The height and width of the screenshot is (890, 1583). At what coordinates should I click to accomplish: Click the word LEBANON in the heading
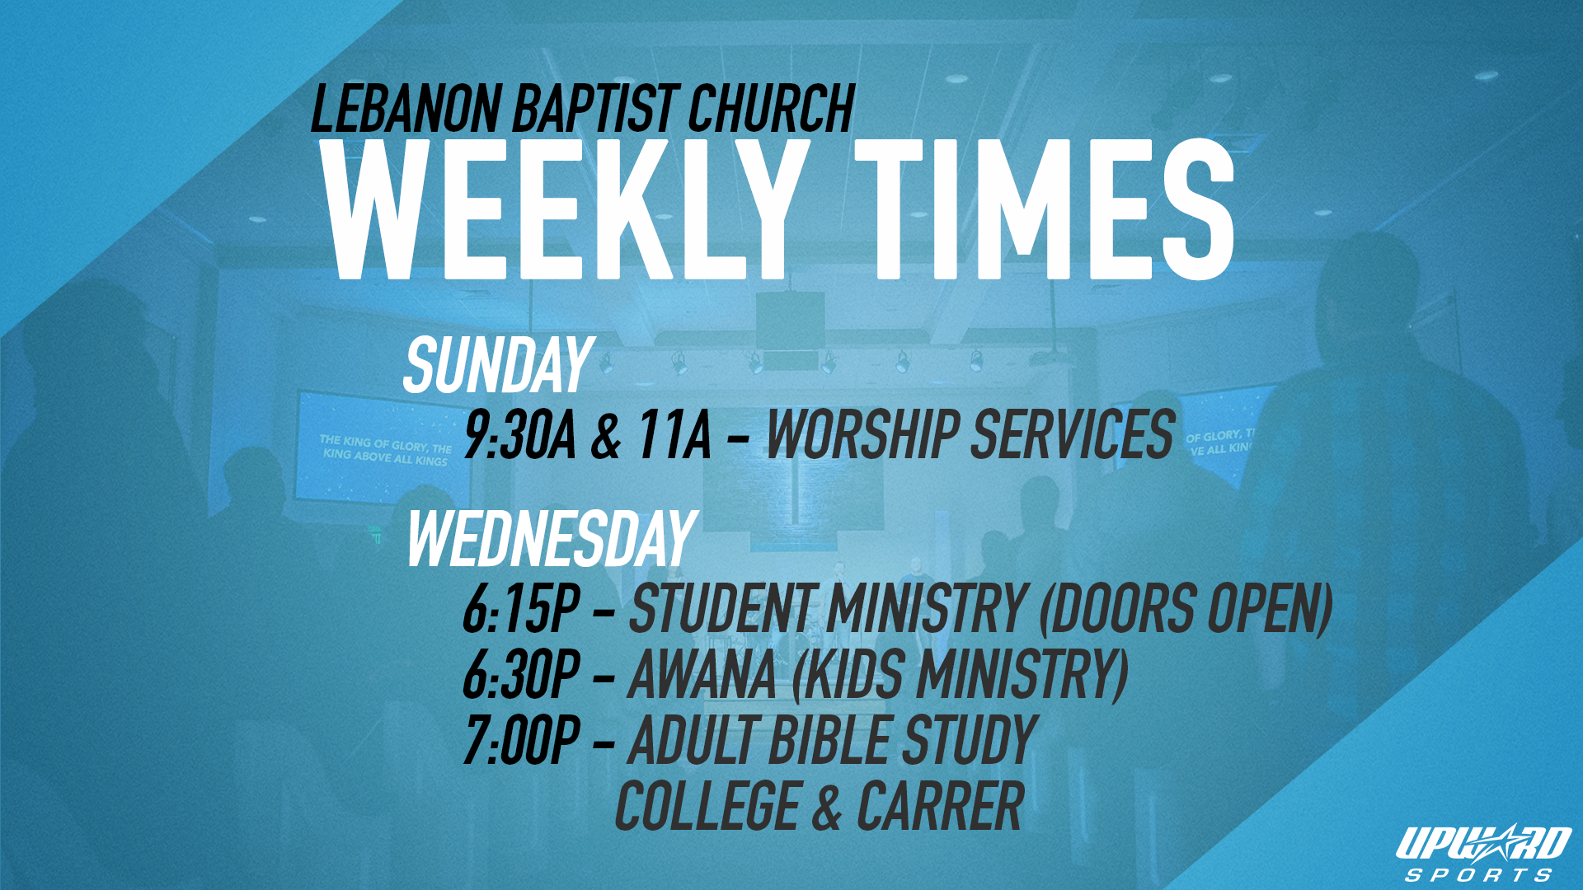(x=406, y=109)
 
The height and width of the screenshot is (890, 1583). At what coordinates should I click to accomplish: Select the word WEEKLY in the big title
(x=565, y=210)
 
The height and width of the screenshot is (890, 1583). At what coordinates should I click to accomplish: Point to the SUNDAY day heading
(x=498, y=365)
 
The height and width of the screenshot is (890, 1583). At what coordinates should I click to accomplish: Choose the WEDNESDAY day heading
(x=552, y=539)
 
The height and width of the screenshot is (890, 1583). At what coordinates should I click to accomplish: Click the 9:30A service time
(x=519, y=434)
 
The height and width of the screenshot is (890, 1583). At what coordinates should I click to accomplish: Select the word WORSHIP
(x=862, y=434)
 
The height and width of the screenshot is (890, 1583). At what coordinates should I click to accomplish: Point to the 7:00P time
(x=521, y=740)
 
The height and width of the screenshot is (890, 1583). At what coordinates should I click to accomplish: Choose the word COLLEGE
(x=707, y=805)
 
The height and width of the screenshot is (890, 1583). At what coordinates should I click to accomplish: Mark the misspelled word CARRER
(x=941, y=805)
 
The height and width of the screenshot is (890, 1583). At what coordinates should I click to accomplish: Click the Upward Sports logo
(x=1482, y=853)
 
